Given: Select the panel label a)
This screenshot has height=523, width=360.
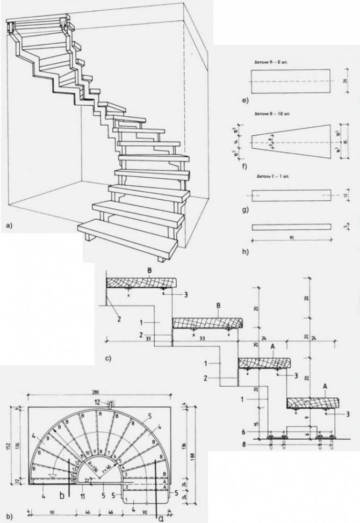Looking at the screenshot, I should point(8,227).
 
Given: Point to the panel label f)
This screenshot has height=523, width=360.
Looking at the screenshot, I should point(244,165).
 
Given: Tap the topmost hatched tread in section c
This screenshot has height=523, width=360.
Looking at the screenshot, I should point(141,283).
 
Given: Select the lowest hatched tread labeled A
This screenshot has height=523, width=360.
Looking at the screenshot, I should point(312,402).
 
